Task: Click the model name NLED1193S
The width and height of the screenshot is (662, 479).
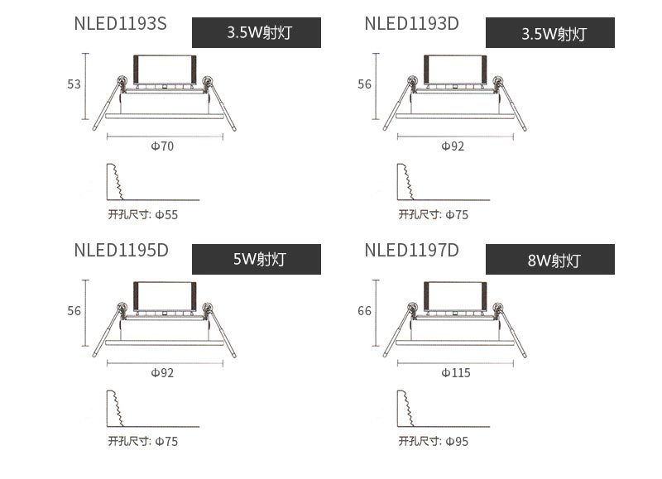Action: [120, 24]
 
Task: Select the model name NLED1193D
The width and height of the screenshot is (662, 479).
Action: [411, 24]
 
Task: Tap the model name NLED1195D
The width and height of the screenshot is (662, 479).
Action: [121, 251]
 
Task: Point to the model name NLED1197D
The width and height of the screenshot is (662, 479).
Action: [411, 251]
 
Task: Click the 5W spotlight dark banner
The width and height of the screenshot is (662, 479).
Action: [257, 259]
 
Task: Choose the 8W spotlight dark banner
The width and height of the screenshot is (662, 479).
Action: [550, 259]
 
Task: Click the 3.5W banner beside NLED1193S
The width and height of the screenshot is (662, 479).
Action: [257, 32]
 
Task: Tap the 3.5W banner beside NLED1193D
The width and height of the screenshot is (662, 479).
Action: [550, 32]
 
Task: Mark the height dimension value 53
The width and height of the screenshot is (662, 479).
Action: [74, 84]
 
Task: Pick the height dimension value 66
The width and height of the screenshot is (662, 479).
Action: [364, 311]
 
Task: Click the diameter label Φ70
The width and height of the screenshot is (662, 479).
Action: [162, 146]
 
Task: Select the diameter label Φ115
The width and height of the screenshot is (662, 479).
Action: [456, 372]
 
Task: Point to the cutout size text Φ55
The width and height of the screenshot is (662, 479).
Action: [167, 215]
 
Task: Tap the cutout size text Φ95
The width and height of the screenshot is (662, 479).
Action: [458, 442]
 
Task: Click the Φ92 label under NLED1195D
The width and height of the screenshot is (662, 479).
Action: [162, 372]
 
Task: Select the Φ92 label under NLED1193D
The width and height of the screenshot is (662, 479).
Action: [453, 146]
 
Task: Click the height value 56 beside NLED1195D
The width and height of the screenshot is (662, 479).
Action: [74, 311]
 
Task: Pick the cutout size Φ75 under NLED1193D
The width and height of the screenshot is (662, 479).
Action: [458, 215]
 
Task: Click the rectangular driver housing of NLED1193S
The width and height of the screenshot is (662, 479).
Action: [165, 70]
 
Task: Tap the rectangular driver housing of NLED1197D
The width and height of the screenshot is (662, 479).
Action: [455, 297]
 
